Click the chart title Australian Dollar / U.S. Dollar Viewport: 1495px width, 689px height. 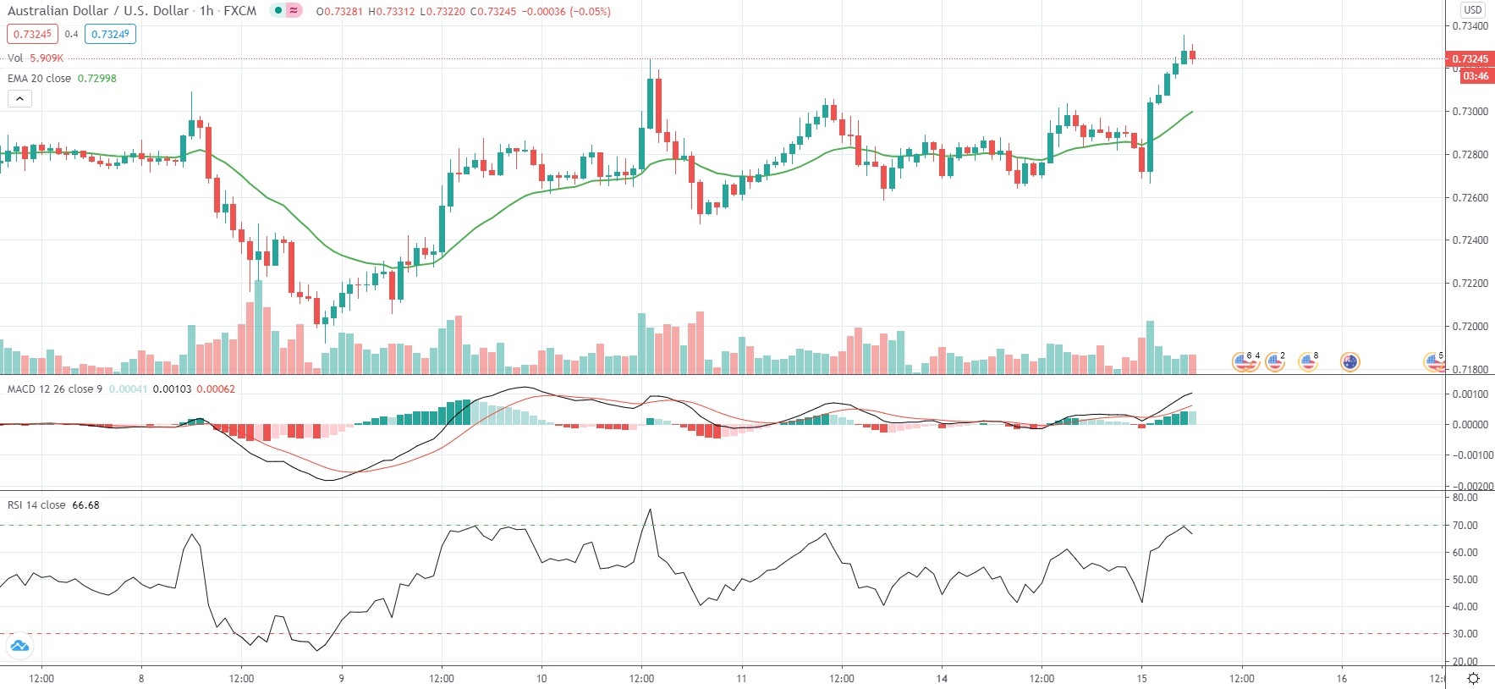(x=97, y=11)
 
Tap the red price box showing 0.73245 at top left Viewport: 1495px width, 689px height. (x=33, y=34)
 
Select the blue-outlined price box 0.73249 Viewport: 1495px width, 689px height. (x=110, y=34)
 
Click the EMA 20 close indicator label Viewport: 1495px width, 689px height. (x=40, y=78)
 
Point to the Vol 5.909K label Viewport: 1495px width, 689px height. (x=35, y=58)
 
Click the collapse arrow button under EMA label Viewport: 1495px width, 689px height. (x=19, y=98)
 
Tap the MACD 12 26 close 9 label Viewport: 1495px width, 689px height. (x=55, y=389)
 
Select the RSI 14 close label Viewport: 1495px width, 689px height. (x=36, y=505)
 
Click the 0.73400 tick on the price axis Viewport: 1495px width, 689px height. (x=1470, y=26)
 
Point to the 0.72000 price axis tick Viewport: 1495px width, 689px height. (x=1470, y=327)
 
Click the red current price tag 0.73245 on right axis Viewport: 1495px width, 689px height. (x=1470, y=59)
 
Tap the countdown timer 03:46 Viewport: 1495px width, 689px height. (x=1475, y=76)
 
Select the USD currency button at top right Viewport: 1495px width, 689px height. (x=1473, y=9)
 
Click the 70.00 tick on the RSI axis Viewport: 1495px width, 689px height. (x=1465, y=526)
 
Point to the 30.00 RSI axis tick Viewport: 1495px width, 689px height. (x=1465, y=634)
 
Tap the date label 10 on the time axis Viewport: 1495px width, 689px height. (x=541, y=678)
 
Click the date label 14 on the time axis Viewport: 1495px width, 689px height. (x=942, y=678)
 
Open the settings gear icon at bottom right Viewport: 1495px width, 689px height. (x=1473, y=678)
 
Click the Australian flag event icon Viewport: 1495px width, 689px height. (x=1349, y=362)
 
